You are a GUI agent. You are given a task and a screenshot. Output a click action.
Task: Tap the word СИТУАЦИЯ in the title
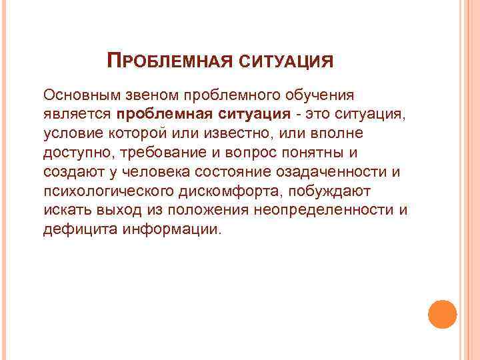pyautogui.click(x=287, y=62)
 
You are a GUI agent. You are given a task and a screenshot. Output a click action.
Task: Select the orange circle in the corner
pyautogui.click(x=442, y=314)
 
